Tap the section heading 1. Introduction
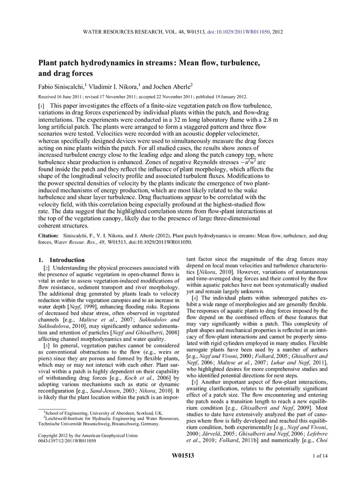click(x=57, y=260)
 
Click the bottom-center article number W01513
click(x=183, y=468)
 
